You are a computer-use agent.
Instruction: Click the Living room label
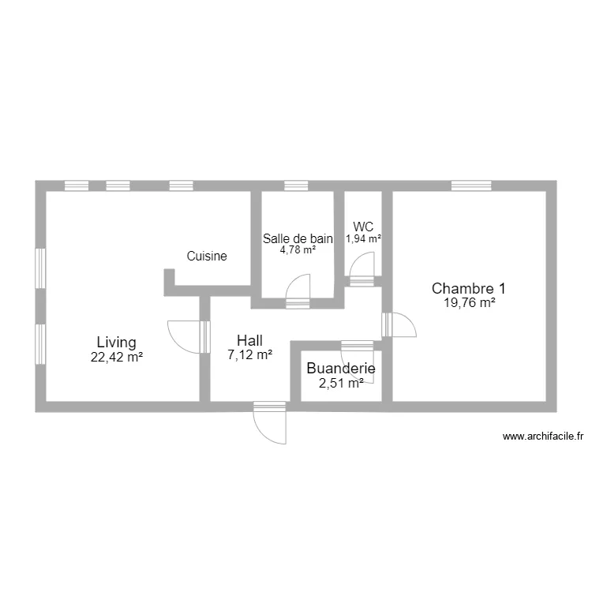coord(116,343)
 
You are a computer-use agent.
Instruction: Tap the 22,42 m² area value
coord(116,357)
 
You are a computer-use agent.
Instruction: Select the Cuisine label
coord(207,256)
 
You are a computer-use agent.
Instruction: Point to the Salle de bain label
coord(298,238)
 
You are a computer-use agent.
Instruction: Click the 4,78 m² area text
coord(298,250)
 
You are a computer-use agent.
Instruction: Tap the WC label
coord(364,226)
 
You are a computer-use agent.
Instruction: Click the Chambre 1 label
coord(469,288)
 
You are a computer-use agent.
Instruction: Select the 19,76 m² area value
coord(469,302)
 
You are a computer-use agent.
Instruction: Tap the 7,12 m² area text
coord(249,355)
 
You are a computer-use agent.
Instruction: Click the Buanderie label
coord(340,368)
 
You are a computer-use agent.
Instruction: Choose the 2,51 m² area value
coord(340,383)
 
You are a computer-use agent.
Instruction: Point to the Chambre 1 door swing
coord(403,324)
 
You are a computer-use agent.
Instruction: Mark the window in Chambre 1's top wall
coord(472,186)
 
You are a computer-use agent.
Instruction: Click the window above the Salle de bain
coord(295,186)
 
